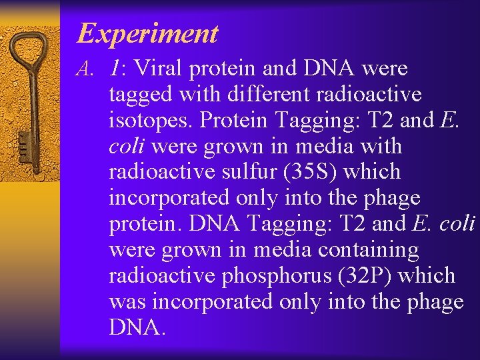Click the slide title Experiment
(147, 33)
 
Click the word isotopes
(151, 121)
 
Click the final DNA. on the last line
(136, 327)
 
